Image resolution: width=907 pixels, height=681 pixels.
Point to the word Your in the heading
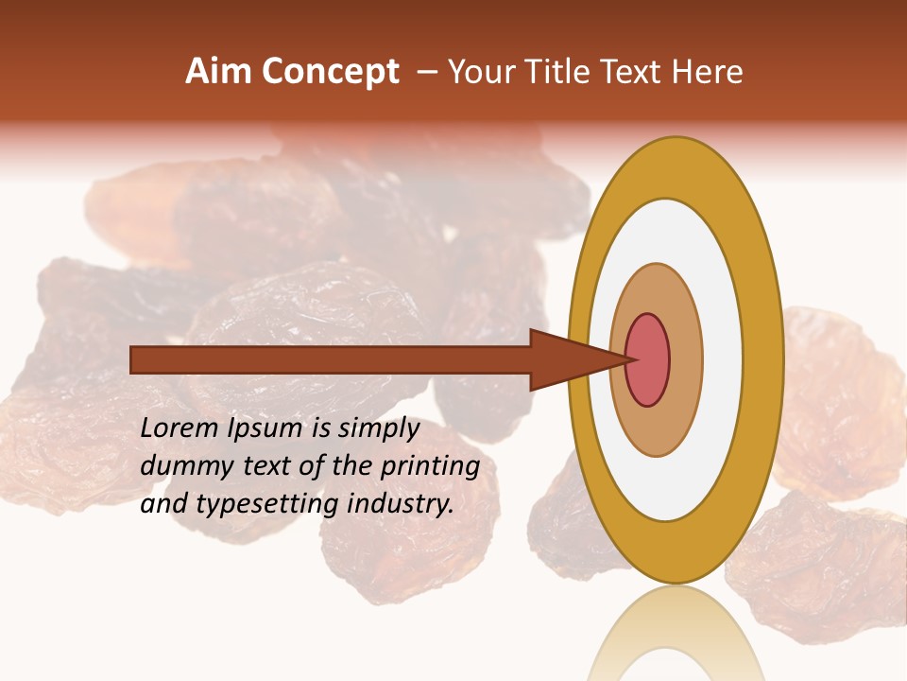pos(481,72)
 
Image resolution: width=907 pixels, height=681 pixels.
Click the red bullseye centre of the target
pos(648,359)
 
